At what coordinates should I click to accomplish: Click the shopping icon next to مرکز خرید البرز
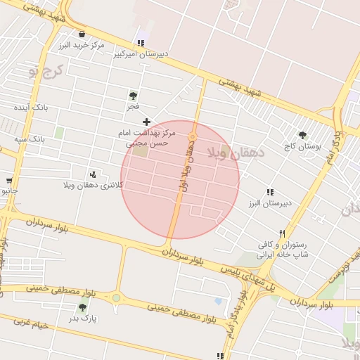(82, 34)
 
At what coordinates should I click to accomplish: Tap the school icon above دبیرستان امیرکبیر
(141, 43)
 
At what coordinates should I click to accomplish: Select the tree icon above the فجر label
(133, 96)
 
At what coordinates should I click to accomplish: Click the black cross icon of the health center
(146, 122)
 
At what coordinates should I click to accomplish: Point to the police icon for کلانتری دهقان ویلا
(93, 174)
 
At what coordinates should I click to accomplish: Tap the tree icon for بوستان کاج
(302, 135)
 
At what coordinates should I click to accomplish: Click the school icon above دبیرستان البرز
(270, 192)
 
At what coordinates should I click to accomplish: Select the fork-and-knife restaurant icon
(282, 233)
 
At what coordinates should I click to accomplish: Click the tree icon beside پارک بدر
(83, 307)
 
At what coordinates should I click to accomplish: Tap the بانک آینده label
(32, 108)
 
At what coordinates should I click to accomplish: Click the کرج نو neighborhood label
(46, 70)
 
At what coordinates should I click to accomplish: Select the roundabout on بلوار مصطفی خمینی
(116, 298)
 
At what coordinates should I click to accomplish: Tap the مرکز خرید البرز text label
(82, 45)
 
